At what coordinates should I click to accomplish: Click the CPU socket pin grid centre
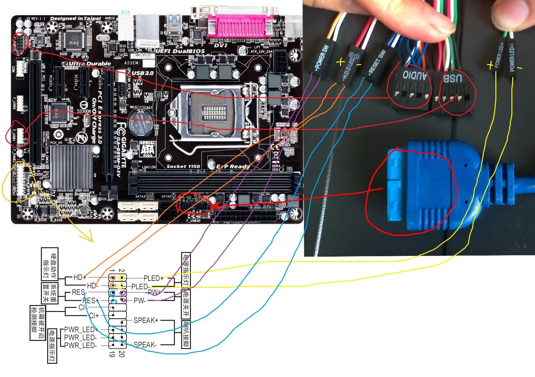[x=214, y=112]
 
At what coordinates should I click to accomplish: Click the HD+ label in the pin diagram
[x=80, y=277]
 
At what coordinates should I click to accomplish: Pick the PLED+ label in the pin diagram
[x=153, y=278]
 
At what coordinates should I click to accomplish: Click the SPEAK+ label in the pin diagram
[x=146, y=320]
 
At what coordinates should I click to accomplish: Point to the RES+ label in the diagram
[x=91, y=301]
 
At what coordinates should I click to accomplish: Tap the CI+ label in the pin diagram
[x=94, y=315]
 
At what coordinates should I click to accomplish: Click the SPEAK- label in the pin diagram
[x=145, y=345]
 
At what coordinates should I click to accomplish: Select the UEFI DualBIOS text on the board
[x=180, y=51]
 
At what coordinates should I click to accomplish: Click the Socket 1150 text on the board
[x=183, y=166]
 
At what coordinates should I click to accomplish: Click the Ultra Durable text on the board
[x=90, y=64]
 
